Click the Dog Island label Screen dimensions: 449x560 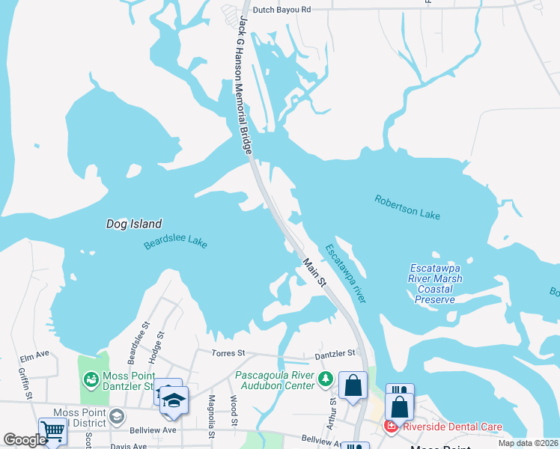tap(134, 224)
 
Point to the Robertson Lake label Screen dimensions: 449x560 tap(407, 207)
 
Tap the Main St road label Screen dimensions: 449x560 tap(314, 273)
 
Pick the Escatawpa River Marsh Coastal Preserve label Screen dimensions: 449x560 tap(436, 284)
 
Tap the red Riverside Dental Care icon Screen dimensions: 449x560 tap(390, 427)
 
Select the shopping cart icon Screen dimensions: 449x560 tap(52, 430)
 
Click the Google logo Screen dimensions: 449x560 tap(24, 440)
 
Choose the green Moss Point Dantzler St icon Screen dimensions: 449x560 tap(91, 380)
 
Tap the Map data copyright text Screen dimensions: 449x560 tap(529, 443)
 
